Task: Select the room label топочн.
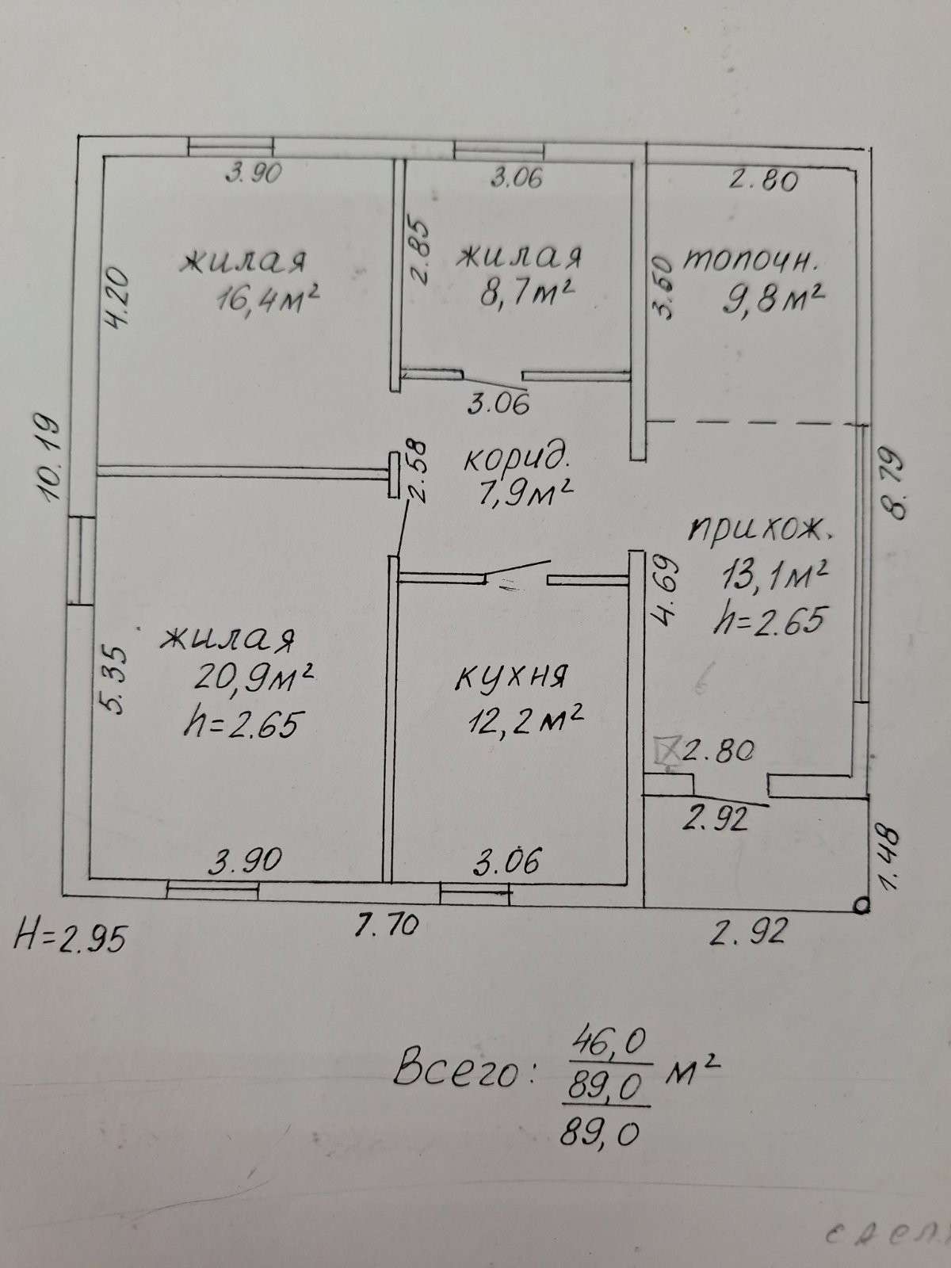pos(750,261)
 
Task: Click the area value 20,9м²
pos(254,677)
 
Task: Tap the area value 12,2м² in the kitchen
pos(525,720)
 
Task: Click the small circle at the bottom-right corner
pos(861,906)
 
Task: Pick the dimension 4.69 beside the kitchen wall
pos(665,591)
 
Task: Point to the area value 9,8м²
pos(773,300)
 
